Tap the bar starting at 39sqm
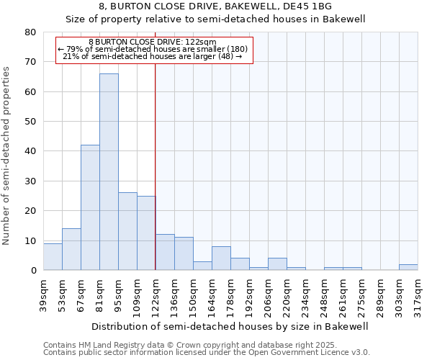(53, 256)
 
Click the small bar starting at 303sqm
(408, 267)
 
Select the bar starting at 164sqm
(221, 258)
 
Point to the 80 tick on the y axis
(31, 32)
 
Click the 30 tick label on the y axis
(31, 181)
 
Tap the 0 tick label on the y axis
(34, 271)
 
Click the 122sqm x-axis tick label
(156, 295)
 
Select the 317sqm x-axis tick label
(418, 295)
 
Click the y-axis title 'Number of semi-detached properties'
(6, 155)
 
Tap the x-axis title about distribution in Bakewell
(230, 326)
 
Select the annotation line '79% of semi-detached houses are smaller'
(155, 49)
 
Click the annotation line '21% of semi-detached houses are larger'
(155, 56)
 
